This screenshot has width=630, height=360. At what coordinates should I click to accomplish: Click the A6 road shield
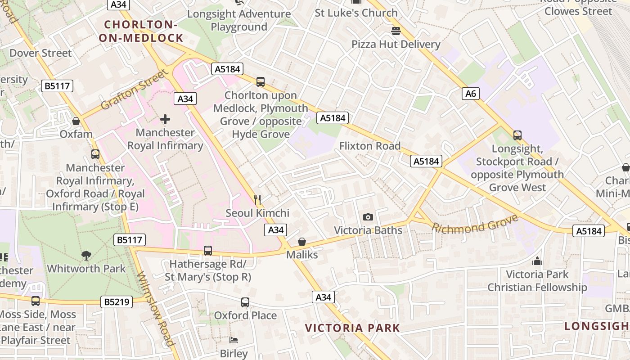pos(470,94)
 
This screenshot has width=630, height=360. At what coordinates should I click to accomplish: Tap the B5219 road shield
pos(117,302)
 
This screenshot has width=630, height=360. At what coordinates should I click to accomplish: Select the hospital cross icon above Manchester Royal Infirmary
pos(165,119)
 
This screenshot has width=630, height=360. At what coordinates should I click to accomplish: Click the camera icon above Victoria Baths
pos(368,217)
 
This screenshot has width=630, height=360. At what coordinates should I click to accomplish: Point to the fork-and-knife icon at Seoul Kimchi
pos(257,200)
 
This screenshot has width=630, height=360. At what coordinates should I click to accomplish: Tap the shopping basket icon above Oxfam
pos(76,121)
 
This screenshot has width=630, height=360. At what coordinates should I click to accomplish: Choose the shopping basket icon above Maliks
pos(302,242)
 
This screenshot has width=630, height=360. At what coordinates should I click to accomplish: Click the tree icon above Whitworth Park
pos(86,256)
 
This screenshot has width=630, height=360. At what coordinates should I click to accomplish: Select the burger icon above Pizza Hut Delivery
pos(396,31)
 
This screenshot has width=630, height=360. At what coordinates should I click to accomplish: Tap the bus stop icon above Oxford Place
pos(245,302)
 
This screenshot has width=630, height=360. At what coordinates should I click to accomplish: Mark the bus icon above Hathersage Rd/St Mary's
pos(207,251)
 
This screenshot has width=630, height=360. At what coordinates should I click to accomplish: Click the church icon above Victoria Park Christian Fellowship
pos(537,261)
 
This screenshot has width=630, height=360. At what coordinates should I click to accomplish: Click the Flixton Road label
pos(369,146)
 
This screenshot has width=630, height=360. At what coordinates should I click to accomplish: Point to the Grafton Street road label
pos(133,90)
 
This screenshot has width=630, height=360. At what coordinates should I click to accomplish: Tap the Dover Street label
pos(40,53)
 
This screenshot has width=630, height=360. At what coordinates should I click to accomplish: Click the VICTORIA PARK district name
pos(353,328)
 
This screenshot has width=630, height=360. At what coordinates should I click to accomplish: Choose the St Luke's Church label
pos(356,13)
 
